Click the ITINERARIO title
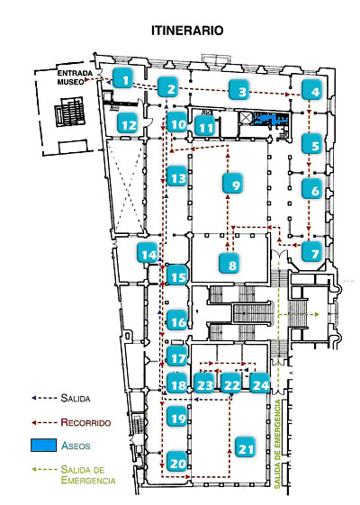(x=187, y=31)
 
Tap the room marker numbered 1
(x=123, y=77)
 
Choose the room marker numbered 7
(x=312, y=251)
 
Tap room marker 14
(x=148, y=252)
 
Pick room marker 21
(x=246, y=447)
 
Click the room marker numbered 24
(x=260, y=383)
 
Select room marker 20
(x=177, y=461)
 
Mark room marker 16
(x=177, y=320)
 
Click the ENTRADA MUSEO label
(x=75, y=77)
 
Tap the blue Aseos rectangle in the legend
(x=44, y=445)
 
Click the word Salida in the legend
(x=76, y=398)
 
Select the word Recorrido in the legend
(x=85, y=422)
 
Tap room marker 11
(x=205, y=125)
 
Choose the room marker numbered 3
(x=239, y=90)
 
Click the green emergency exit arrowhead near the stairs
(x=317, y=314)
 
